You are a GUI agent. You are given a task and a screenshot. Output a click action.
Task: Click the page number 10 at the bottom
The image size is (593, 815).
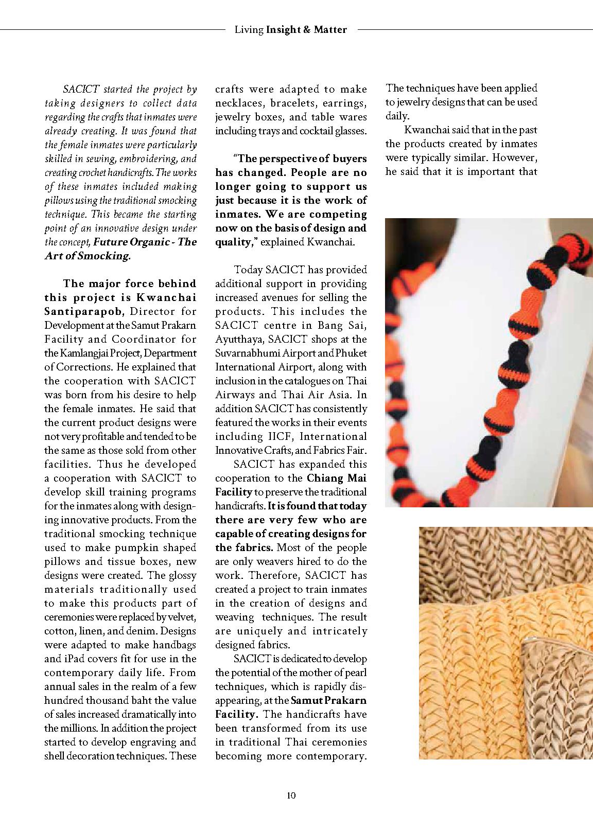[291, 795]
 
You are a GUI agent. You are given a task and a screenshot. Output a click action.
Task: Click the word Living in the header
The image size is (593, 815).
[249, 30]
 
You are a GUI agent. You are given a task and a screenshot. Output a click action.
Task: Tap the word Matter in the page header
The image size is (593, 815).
[330, 30]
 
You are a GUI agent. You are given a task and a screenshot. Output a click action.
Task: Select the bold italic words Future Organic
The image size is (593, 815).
[132, 242]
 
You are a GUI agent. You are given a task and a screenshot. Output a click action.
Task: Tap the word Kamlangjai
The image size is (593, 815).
[83, 353]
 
